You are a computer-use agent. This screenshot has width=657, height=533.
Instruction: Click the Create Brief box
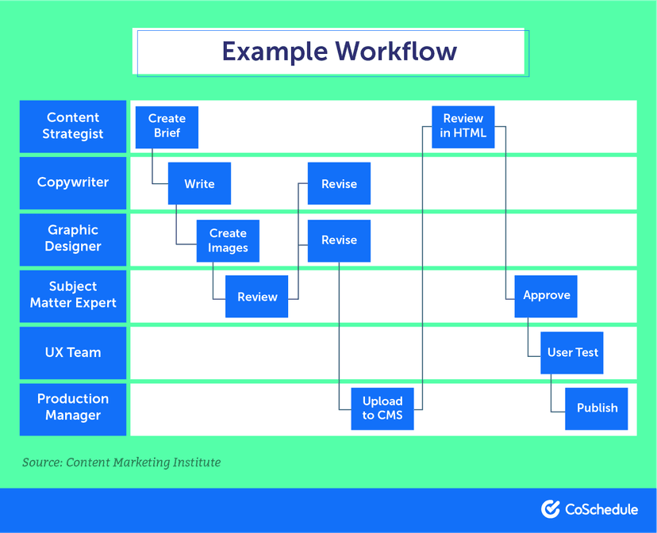coord(167,127)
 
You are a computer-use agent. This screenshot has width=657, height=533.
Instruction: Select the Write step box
coord(199,184)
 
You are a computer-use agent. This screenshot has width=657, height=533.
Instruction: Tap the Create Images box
coord(228,240)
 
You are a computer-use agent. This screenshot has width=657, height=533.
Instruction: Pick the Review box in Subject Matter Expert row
coord(257,297)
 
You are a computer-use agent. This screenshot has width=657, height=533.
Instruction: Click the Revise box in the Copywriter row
coord(339,184)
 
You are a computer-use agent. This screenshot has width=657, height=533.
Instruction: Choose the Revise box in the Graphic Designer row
coord(339,240)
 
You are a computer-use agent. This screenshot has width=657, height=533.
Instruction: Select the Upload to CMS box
coord(382,408)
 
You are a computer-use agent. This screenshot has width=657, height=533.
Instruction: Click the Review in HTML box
coord(463,127)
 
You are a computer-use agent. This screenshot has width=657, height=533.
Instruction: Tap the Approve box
coord(546,296)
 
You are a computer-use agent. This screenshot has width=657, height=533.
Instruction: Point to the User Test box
coord(572,352)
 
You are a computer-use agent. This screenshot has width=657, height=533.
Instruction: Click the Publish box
coord(597,408)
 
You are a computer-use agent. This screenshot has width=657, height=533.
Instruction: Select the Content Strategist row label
coord(73,126)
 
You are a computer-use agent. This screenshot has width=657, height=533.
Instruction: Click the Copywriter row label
coord(73,182)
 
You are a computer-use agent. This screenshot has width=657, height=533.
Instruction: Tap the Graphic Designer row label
coord(73,239)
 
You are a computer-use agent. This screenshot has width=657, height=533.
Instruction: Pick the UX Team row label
coord(73,352)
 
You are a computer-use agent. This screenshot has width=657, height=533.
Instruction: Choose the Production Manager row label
coord(73,408)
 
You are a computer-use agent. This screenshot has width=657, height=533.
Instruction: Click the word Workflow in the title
coord(396,52)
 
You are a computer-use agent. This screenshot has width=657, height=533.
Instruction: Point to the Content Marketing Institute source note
coord(121,462)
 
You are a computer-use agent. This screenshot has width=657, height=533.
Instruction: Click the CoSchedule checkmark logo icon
coord(551,508)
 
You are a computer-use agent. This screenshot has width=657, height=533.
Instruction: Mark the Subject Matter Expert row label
coord(73,295)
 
